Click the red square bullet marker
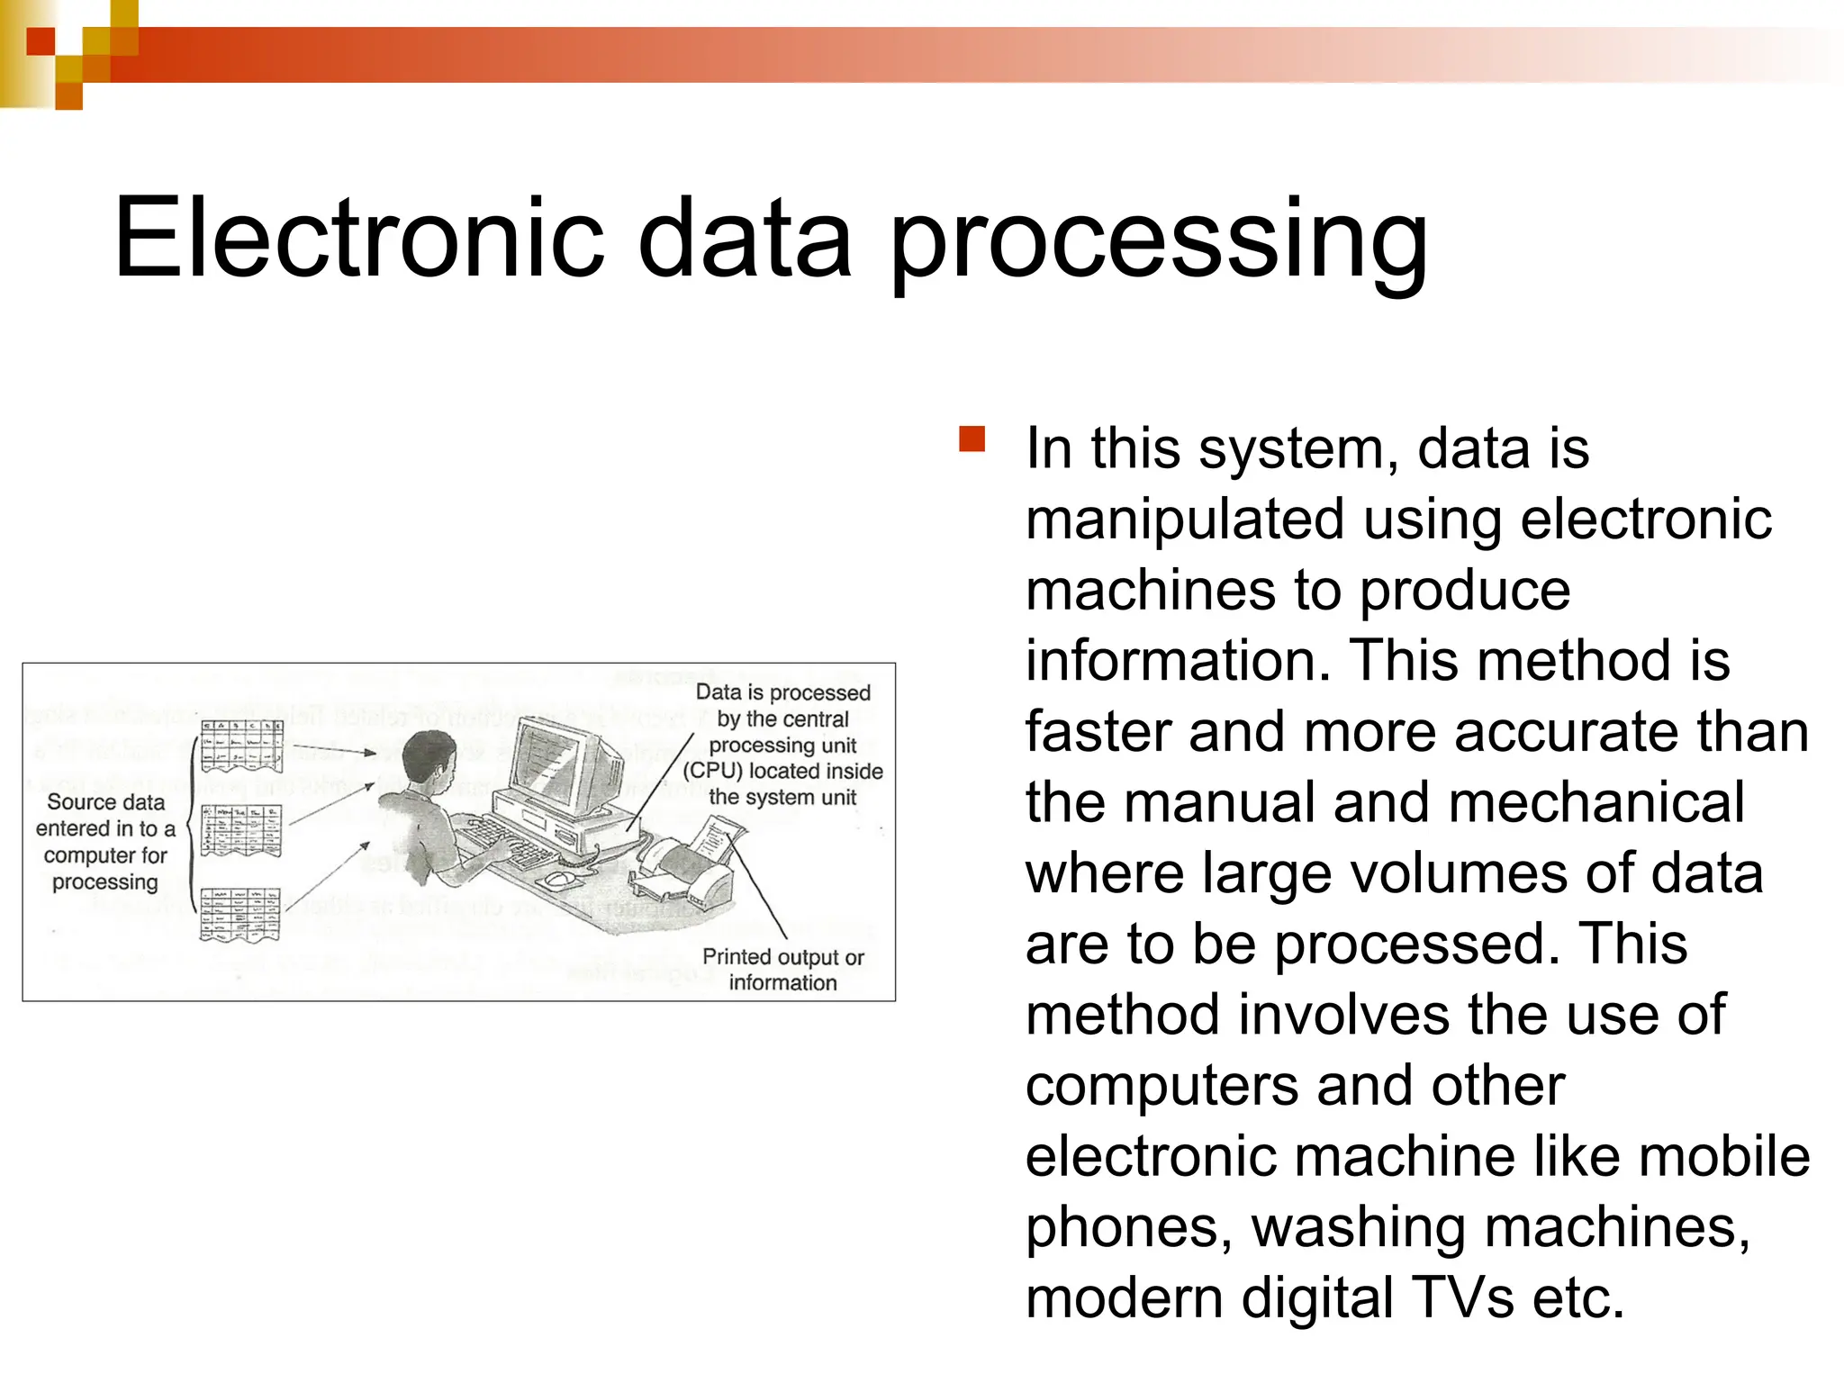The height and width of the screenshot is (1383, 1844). (972, 439)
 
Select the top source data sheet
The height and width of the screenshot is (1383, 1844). (241, 746)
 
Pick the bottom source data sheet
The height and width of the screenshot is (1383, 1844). (240, 913)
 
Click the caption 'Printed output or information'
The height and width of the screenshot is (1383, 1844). (782, 970)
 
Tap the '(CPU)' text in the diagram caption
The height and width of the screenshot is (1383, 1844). (712, 772)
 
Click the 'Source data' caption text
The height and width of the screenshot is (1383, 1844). (106, 802)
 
